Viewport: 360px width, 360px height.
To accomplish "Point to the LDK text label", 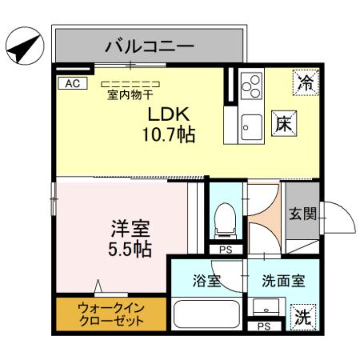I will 168,115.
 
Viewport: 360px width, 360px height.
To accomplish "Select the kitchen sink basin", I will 252,127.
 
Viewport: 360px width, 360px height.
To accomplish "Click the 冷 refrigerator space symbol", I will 306,82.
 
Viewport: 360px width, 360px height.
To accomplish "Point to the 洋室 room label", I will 130,228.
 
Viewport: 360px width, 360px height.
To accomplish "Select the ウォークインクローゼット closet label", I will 111,315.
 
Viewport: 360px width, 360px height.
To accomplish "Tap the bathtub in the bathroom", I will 207,315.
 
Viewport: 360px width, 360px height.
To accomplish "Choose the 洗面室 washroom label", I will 283,281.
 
